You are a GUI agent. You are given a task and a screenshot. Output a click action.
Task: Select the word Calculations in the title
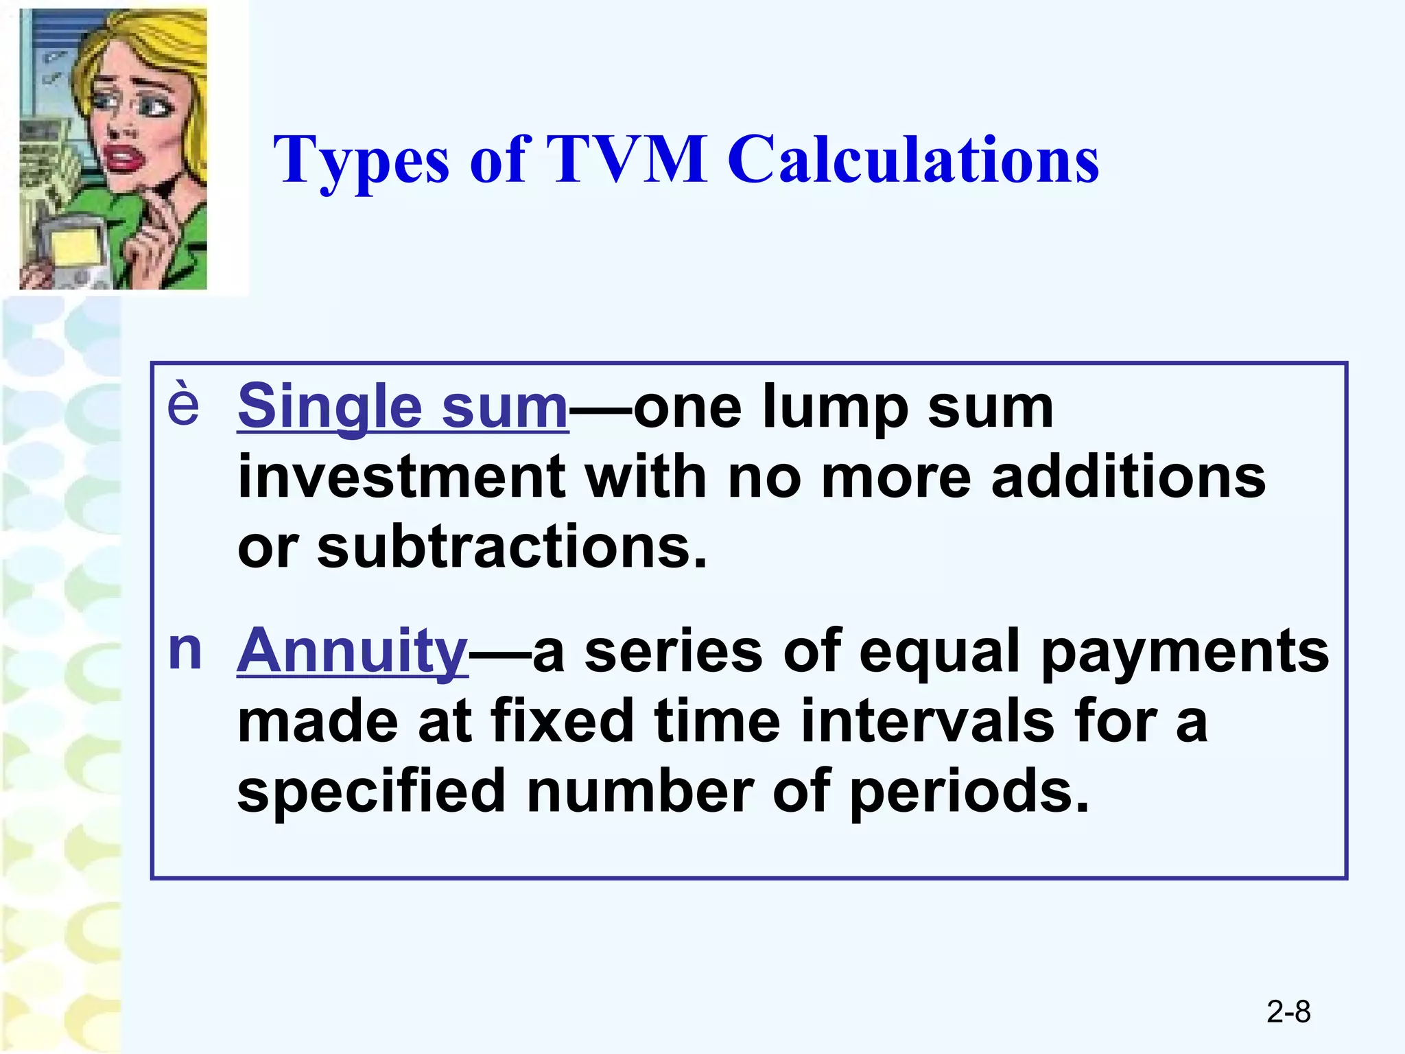(x=913, y=159)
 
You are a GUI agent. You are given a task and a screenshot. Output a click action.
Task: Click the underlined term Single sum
(x=403, y=406)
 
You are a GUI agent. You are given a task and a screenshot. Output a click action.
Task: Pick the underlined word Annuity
(x=352, y=651)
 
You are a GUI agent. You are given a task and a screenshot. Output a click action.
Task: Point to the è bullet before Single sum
(x=183, y=405)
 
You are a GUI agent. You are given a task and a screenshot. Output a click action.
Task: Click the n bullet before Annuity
(x=185, y=649)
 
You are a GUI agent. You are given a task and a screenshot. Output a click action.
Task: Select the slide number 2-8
(x=1288, y=1011)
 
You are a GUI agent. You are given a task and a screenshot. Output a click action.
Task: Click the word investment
(x=401, y=477)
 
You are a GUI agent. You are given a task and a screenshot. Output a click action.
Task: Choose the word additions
(x=1129, y=477)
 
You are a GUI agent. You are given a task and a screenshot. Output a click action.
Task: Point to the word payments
(x=1185, y=651)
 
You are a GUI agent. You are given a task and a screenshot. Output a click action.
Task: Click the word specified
(x=371, y=792)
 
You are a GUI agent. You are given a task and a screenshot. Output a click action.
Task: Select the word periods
(x=969, y=792)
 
